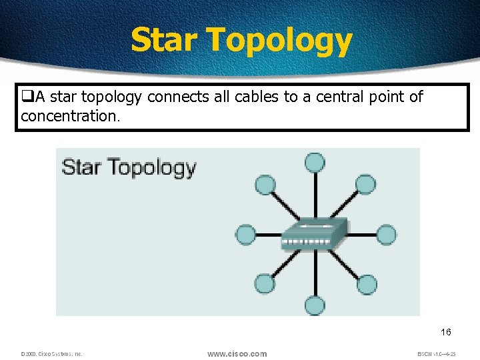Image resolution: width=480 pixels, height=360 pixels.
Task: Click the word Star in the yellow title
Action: click(x=164, y=40)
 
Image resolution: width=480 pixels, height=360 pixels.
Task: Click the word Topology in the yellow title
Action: click(x=279, y=41)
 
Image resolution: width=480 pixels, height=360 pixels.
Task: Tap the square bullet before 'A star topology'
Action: click(x=27, y=97)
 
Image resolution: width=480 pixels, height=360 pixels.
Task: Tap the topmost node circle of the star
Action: click(x=314, y=162)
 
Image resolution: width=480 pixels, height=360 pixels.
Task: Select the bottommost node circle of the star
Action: click(x=315, y=306)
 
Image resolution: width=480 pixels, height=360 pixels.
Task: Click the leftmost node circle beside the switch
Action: click(x=245, y=235)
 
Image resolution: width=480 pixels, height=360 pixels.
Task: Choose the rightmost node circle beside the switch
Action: click(x=386, y=235)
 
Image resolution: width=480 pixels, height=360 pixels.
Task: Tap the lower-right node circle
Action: click(x=366, y=283)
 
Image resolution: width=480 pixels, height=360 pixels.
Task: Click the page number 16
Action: click(x=446, y=332)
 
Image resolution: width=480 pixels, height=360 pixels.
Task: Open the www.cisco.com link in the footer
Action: click(x=237, y=353)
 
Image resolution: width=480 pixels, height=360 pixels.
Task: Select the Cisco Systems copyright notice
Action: click(x=51, y=354)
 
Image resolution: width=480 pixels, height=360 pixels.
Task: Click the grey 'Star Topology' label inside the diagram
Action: click(x=129, y=167)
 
